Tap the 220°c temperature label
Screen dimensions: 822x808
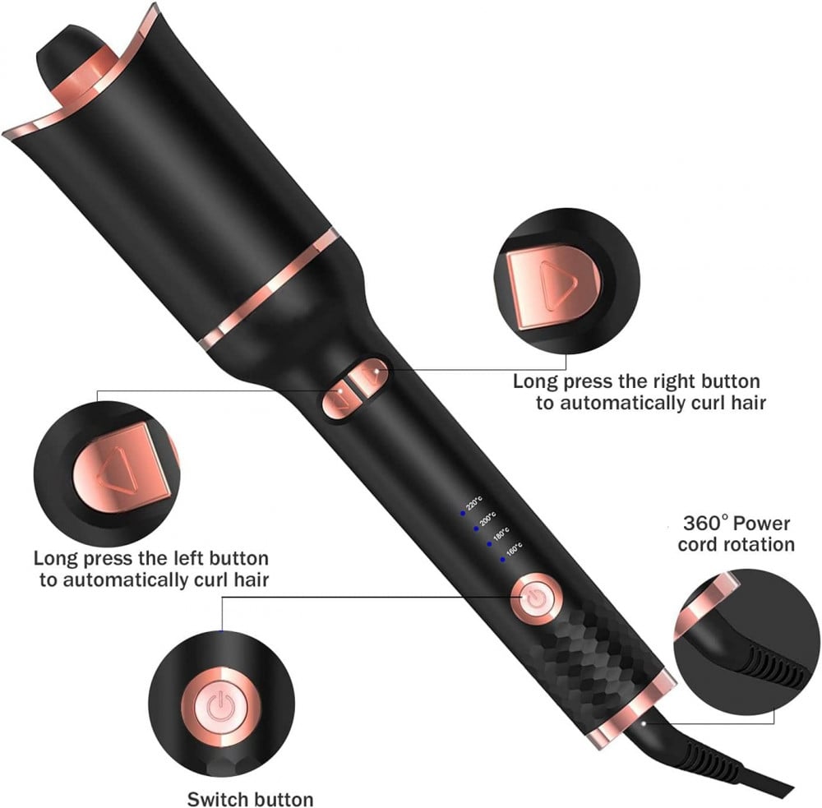tap(474, 503)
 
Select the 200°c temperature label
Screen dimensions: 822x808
tap(487, 519)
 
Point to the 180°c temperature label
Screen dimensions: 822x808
tap(501, 533)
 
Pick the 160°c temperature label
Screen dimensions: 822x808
tap(515, 549)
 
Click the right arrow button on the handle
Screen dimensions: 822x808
tap(370, 376)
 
